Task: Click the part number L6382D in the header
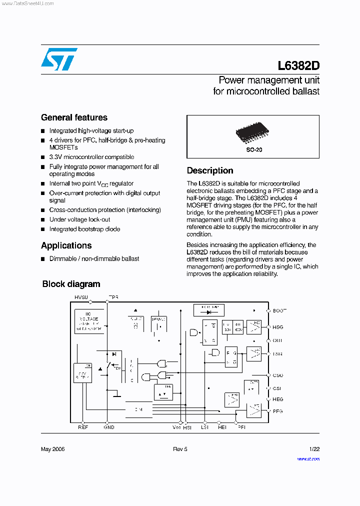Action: pyautogui.click(x=298, y=66)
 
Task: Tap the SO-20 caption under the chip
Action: pyautogui.click(x=253, y=149)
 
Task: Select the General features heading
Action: pyautogui.click(x=74, y=117)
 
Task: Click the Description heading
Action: pyautogui.click(x=210, y=170)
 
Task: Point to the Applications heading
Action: pyautogui.click(x=66, y=245)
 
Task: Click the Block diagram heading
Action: pyautogui.click(x=71, y=284)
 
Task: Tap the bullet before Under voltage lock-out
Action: pyautogui.click(x=43, y=220)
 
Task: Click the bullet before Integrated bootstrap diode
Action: pyautogui.click(x=43, y=229)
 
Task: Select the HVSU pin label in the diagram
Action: pyautogui.click(x=81, y=297)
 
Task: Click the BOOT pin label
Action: pyautogui.click(x=279, y=310)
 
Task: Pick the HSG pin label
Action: pyautogui.click(x=277, y=327)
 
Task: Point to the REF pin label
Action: pyautogui.click(x=82, y=427)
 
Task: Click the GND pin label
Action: pyautogui.click(x=108, y=427)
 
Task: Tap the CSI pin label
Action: pyautogui.click(x=277, y=388)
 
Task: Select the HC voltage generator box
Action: pyautogui.click(x=88, y=321)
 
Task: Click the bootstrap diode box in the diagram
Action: pyautogui.click(x=207, y=309)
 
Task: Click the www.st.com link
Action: pyautogui.click(x=308, y=458)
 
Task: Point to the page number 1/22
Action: pyautogui.click(x=314, y=449)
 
